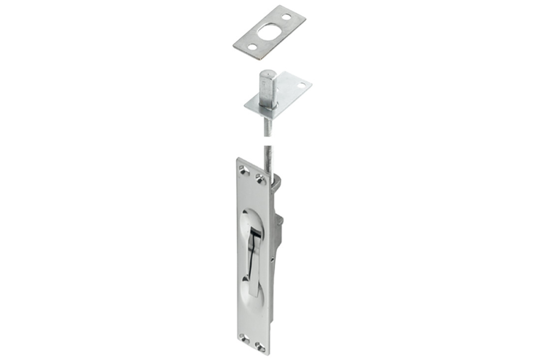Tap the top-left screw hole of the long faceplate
(242, 172)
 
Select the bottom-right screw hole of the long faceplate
(261, 346)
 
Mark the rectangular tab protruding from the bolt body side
(279, 221)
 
